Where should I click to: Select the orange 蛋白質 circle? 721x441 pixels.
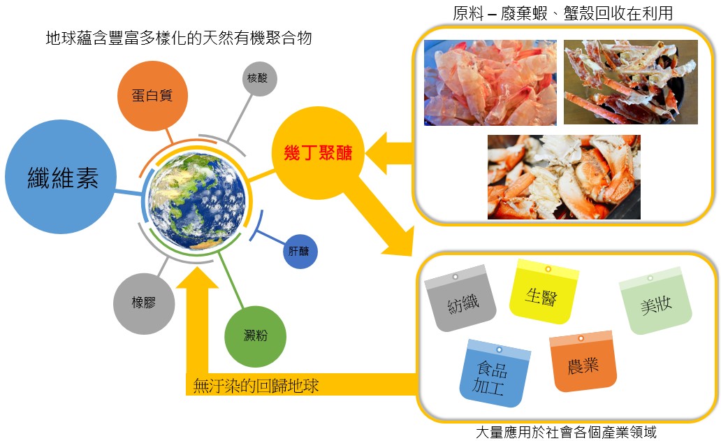[x=152, y=96]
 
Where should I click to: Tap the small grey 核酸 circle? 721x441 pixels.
[x=261, y=79]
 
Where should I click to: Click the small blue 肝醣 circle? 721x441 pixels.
[x=300, y=250]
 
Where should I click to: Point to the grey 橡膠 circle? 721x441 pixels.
[x=143, y=303]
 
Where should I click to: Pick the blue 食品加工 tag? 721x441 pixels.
[x=492, y=375]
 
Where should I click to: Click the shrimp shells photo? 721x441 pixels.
[x=490, y=82]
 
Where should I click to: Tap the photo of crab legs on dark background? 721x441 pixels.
[x=630, y=82]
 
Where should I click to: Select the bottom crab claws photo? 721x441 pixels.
[x=563, y=177]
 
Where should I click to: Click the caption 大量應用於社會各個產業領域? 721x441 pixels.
[x=566, y=432]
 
